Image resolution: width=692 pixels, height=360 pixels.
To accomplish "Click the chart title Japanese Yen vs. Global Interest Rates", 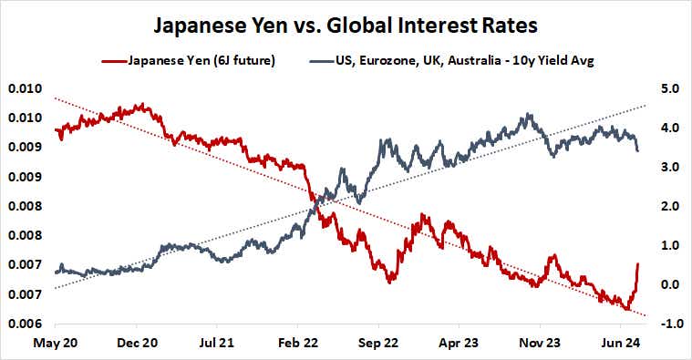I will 346,23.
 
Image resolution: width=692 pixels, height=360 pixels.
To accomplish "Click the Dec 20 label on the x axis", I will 139,345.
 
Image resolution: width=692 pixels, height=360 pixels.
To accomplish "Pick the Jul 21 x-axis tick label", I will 219,345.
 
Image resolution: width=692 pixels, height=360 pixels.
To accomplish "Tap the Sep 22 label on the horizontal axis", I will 381,345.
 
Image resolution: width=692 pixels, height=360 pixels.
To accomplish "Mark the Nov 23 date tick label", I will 543,345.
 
